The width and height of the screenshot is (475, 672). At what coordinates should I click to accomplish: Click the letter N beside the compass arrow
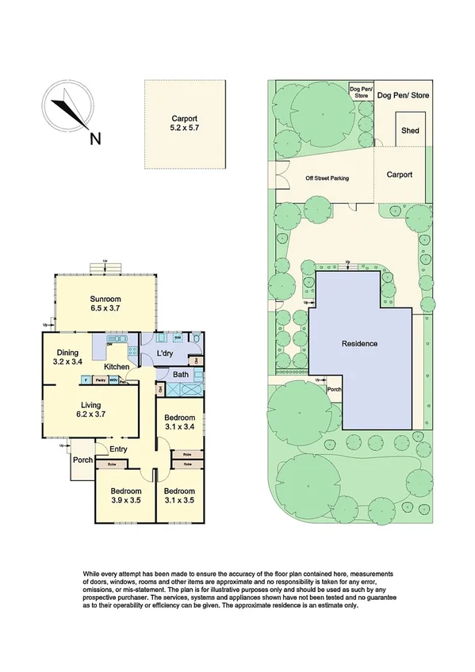coord(95,139)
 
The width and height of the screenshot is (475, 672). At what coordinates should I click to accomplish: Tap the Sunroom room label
coord(105,299)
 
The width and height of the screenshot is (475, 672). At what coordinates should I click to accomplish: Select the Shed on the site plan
coord(410,131)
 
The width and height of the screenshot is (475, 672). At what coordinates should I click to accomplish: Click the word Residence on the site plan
coord(359,344)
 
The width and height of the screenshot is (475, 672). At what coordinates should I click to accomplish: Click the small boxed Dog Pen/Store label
coord(360,92)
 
